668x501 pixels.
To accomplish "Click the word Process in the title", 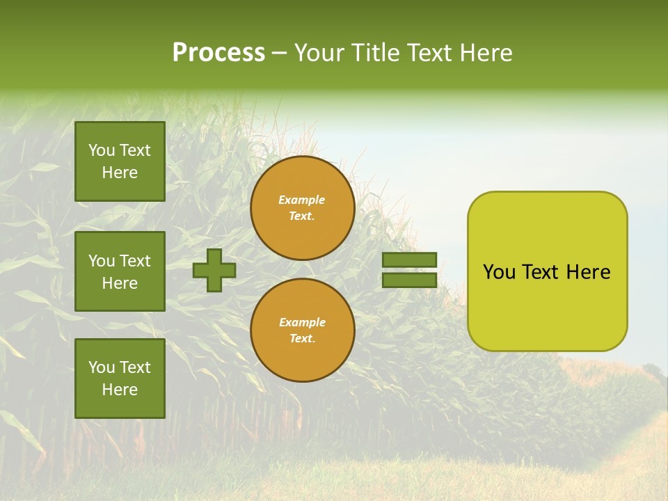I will [x=218, y=52].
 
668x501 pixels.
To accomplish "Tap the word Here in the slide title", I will [x=486, y=53].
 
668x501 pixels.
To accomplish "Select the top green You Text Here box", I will [x=120, y=161].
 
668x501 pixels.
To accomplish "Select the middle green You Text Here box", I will [x=120, y=271].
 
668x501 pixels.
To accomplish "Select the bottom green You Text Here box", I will [x=120, y=378].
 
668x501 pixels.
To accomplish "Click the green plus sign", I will [x=214, y=271].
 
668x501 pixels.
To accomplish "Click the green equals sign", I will [x=409, y=270].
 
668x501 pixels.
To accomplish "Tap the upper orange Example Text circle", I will [x=302, y=208].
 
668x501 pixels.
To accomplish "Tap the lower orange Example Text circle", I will [x=302, y=331].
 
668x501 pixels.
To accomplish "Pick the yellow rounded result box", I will [x=547, y=271].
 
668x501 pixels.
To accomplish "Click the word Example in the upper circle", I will [x=302, y=200].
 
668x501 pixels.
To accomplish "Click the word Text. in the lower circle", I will [x=302, y=339].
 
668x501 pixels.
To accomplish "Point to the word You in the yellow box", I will [x=499, y=272].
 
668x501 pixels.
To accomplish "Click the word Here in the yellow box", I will [x=588, y=272].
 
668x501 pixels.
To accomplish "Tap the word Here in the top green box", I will [x=120, y=173].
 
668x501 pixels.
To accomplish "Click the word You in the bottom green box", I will [x=102, y=367].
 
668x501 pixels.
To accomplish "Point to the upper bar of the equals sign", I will [x=409, y=260].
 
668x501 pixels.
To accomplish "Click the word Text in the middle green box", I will [x=135, y=261].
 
